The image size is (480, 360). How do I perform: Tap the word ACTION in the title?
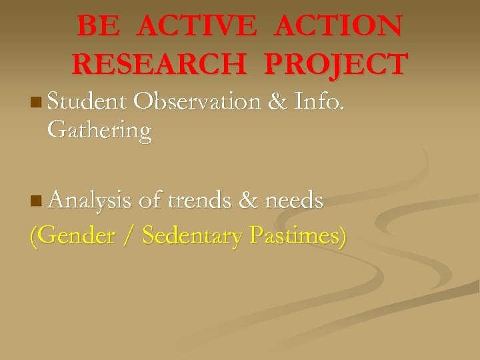338,27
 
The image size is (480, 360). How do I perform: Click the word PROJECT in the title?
335,65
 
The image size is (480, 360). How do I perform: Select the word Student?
87,102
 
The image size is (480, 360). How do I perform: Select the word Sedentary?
191,236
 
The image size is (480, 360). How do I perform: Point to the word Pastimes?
297,236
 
